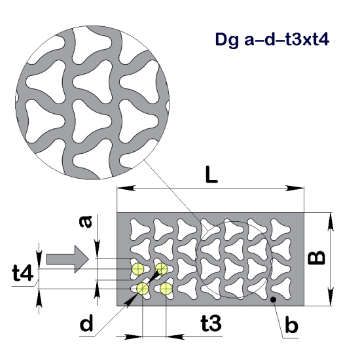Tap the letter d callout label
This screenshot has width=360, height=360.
[86, 323]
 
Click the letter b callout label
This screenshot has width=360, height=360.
[292, 324]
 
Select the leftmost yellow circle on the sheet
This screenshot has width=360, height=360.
[136, 269]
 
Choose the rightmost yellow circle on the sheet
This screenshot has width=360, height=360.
[166, 289]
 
